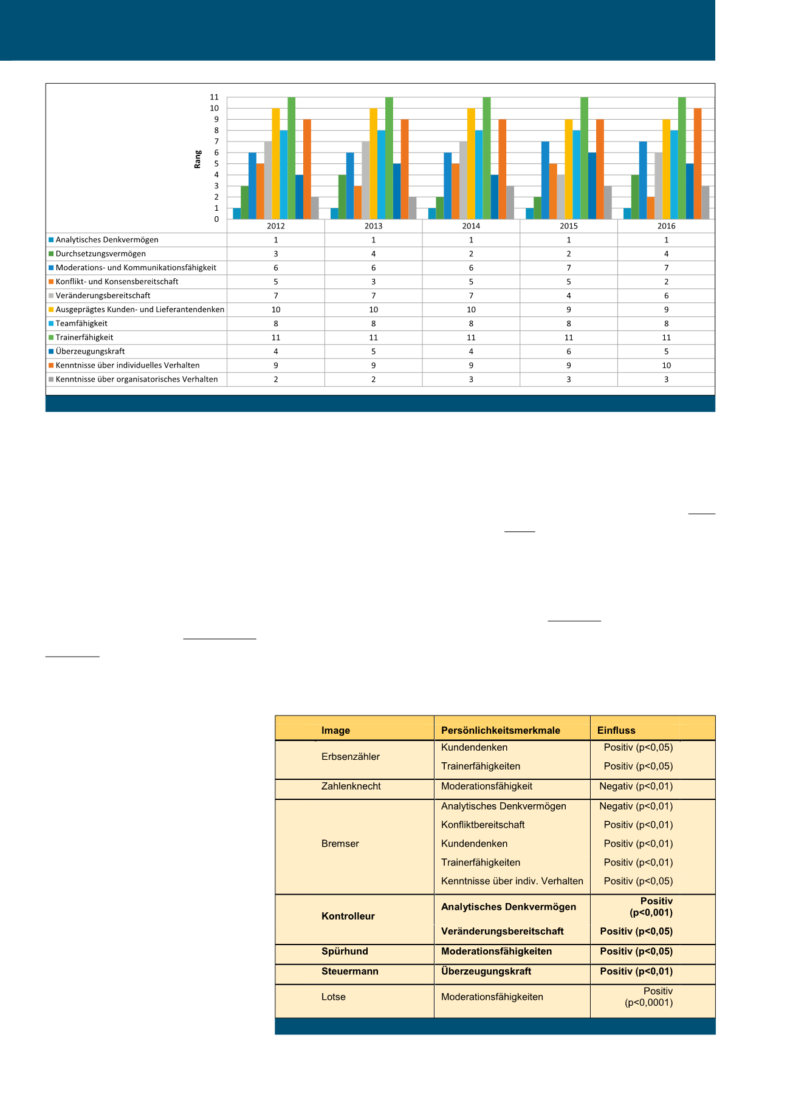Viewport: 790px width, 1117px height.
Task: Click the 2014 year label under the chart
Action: [x=471, y=226]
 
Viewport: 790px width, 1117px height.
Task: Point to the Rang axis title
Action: [x=197, y=159]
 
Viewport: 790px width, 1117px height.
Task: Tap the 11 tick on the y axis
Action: [x=214, y=97]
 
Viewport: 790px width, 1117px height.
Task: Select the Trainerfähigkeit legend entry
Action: [x=84, y=338]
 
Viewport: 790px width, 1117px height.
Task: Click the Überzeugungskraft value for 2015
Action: [x=569, y=352]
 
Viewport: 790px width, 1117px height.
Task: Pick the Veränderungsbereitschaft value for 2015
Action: [x=569, y=296]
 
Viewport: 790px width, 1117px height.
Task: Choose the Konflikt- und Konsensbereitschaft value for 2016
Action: [x=666, y=282]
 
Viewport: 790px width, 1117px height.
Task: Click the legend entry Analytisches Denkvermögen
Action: [x=106, y=240]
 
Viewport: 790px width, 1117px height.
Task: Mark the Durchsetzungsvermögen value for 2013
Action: [x=373, y=254]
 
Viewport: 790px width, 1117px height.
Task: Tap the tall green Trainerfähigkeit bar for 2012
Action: [x=292, y=158]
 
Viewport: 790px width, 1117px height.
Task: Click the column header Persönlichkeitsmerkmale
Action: [x=501, y=730]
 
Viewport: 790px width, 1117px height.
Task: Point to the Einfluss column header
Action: [x=616, y=730]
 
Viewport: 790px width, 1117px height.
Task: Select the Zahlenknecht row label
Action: [x=351, y=786]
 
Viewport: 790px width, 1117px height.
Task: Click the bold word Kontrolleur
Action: [x=348, y=916]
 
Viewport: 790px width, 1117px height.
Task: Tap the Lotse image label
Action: [x=334, y=997]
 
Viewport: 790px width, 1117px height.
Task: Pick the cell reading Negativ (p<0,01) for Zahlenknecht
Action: [x=636, y=786]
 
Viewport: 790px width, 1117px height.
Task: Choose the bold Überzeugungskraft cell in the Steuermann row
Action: [x=486, y=971]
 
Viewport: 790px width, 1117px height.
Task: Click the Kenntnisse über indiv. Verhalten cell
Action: [x=512, y=881]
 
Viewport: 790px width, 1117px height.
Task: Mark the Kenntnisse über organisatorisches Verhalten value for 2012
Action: [x=276, y=380]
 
